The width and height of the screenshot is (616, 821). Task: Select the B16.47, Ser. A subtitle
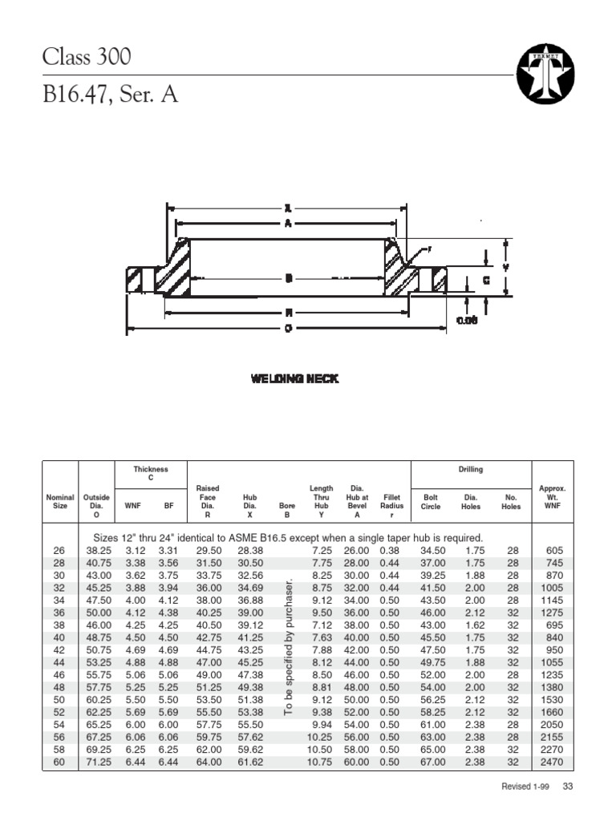[x=111, y=95]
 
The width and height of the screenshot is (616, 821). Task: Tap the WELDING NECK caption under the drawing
[x=294, y=378]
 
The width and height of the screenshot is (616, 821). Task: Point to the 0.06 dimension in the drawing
[x=467, y=320]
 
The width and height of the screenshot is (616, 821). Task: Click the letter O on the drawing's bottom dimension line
[x=287, y=329]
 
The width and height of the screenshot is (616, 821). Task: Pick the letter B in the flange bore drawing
[x=287, y=278]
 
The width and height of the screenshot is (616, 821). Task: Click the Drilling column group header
[x=471, y=470]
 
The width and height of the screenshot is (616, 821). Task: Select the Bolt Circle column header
[x=431, y=502]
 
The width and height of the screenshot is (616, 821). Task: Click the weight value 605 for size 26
[x=553, y=551]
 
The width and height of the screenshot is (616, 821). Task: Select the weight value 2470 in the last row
[x=552, y=762]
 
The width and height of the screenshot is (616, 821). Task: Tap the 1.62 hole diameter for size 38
[x=471, y=625]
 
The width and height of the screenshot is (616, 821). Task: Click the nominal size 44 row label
[x=59, y=662]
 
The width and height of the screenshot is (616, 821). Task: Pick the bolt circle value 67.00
[x=431, y=762]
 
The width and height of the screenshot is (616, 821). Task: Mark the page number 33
[x=568, y=787]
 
